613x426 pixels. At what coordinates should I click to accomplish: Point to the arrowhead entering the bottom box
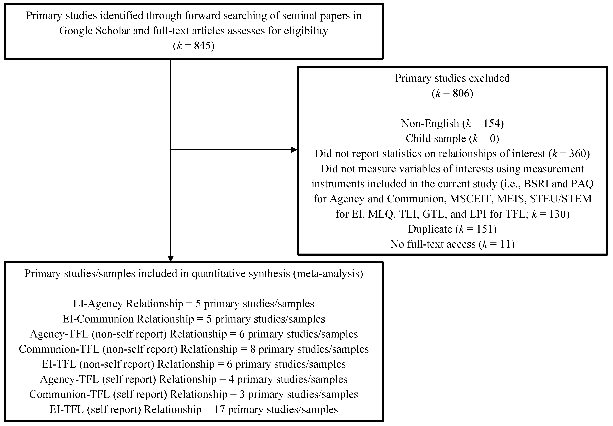171,259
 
